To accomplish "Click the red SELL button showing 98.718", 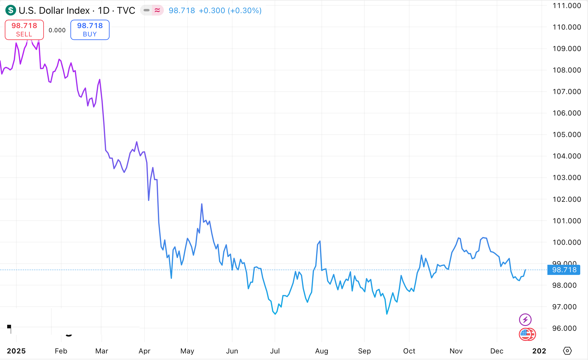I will click(24, 30).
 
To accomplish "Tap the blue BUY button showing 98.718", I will click(90, 30).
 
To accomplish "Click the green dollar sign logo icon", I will click(11, 10).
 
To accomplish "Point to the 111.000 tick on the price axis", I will click(567, 6).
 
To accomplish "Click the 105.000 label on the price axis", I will click(567, 135).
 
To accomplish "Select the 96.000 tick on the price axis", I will click(564, 328).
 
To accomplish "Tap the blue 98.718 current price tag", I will click(564, 270).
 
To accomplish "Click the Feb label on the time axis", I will click(61, 351).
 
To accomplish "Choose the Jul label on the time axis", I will click(275, 351).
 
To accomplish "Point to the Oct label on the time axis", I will click(409, 351).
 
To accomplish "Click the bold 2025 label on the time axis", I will click(16, 351).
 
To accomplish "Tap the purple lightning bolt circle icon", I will click(525, 320).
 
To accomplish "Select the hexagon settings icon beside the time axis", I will click(567, 351).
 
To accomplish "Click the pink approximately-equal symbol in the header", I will click(157, 10).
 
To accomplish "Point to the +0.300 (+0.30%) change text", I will click(230, 10).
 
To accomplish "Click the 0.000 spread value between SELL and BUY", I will click(57, 30).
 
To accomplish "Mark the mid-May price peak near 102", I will click(202, 204).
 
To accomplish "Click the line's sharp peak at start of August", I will click(320, 241).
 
